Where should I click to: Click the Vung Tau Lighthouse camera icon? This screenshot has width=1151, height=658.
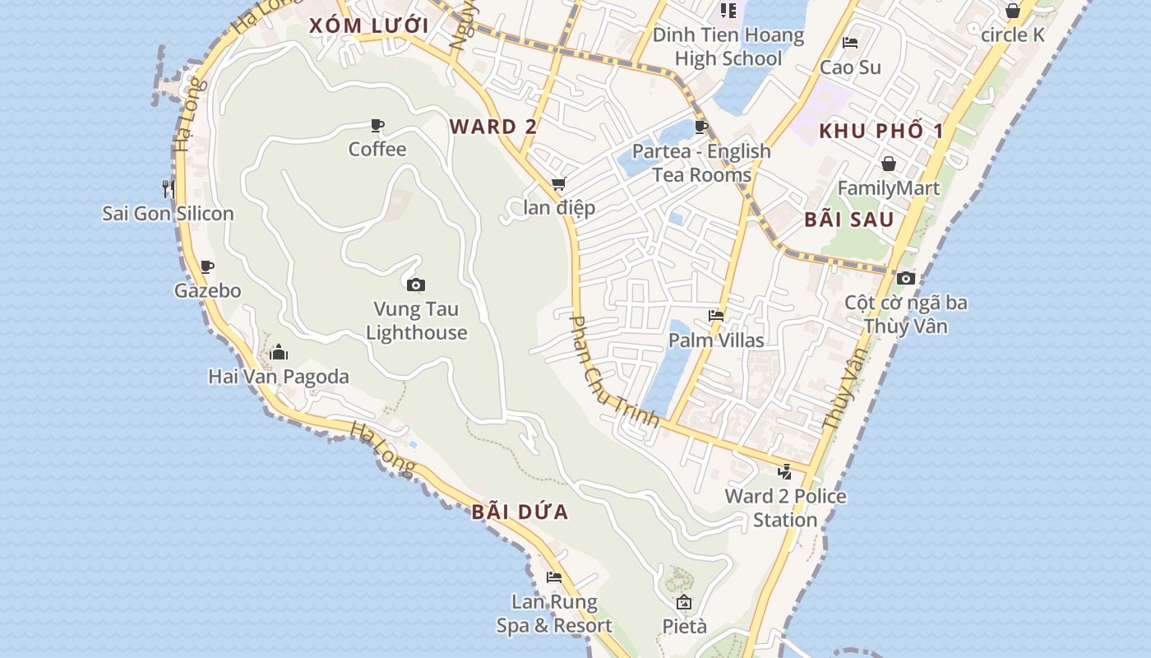tap(416, 285)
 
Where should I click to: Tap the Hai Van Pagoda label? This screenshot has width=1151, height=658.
tap(279, 377)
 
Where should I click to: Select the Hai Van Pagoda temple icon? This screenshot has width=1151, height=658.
tap(279, 353)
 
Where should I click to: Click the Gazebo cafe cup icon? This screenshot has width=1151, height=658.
tap(207, 266)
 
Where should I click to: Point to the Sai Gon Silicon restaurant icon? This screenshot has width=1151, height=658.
tap(168, 188)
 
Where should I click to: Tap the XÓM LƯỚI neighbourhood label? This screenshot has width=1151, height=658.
tap(369, 25)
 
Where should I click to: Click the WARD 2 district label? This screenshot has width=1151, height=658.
tap(493, 127)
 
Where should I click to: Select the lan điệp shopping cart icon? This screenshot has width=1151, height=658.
tap(559, 183)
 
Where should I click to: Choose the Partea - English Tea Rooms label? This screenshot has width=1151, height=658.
tap(701, 163)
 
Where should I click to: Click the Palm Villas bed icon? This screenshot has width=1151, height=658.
tap(716, 316)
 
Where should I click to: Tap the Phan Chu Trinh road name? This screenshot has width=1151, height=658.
tap(614, 372)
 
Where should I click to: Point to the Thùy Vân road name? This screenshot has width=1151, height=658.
tap(845, 388)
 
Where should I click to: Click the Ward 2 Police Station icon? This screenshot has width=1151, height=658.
tap(785, 472)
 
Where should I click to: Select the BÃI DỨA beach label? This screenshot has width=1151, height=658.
tap(520, 512)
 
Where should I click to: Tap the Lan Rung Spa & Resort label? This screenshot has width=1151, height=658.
tap(554, 614)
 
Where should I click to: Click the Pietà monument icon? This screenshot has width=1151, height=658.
tap(684, 602)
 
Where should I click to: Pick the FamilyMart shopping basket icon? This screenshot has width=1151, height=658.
tap(888, 164)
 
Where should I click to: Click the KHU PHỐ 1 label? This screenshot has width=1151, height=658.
tap(881, 131)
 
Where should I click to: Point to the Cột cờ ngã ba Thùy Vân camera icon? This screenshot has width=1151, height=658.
tap(906, 278)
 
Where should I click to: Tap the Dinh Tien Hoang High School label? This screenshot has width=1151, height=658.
tap(728, 47)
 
